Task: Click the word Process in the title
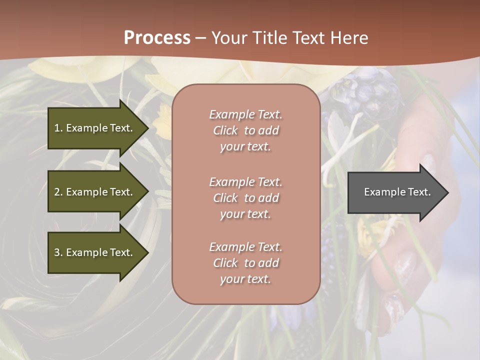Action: click(157, 38)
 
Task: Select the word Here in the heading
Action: click(348, 38)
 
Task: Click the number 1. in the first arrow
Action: click(58, 128)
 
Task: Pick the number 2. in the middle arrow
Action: click(58, 192)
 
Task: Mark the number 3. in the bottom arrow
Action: click(58, 252)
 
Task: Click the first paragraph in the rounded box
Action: click(245, 130)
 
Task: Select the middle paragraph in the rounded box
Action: click(245, 198)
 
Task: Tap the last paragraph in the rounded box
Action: click(245, 263)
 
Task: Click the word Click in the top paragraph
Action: click(225, 130)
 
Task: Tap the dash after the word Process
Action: click(201, 38)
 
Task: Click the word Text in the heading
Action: click(308, 38)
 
